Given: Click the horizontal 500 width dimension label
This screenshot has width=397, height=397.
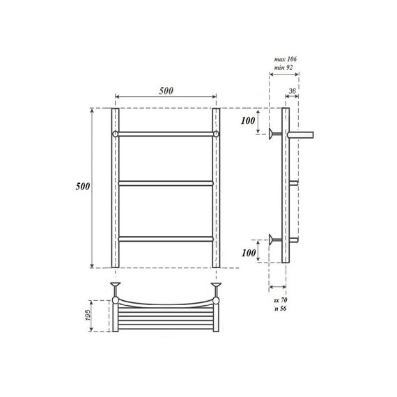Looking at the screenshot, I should pyautogui.click(x=165, y=91).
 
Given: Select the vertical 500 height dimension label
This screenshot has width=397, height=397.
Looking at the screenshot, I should pyautogui.click(x=82, y=187).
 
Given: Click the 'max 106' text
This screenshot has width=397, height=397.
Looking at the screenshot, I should pyautogui.click(x=287, y=61).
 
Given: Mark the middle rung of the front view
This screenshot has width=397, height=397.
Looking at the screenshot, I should pyautogui.click(x=165, y=184).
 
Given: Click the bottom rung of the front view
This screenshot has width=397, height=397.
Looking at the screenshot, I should pyautogui.click(x=165, y=239).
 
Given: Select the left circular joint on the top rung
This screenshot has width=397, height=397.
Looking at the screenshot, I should pyautogui.click(x=115, y=133).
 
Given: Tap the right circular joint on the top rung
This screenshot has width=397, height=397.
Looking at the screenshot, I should pyautogui.click(x=216, y=133).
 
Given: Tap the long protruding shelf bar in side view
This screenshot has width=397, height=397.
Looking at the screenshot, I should pyautogui.click(x=302, y=133).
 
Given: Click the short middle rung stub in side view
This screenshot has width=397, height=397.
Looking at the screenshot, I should pyautogui.click(x=293, y=184).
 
